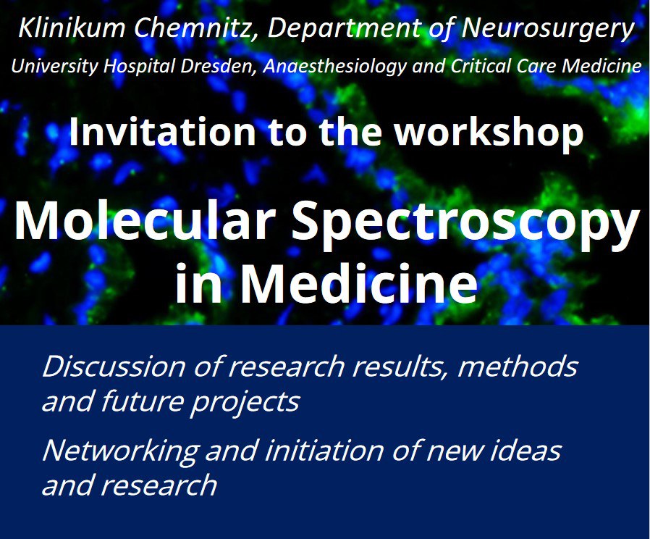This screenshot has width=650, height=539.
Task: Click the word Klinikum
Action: click(72, 28)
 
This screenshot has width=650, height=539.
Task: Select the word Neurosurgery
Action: click(548, 29)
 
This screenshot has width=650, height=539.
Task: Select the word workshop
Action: click(489, 133)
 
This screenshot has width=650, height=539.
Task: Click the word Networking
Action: click(120, 451)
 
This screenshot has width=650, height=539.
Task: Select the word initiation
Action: click(324, 451)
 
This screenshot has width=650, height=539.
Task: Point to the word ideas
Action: click(526, 451)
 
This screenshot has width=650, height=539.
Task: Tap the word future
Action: click(143, 401)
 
